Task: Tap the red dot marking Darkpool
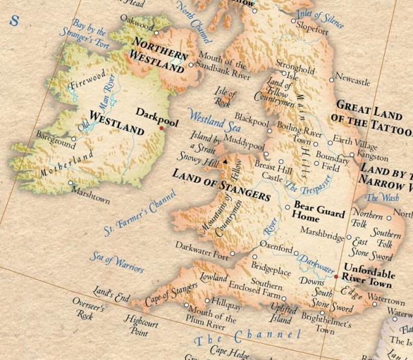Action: click(x=161, y=128)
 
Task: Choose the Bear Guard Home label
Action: click(x=314, y=213)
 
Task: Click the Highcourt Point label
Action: click(x=143, y=325)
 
